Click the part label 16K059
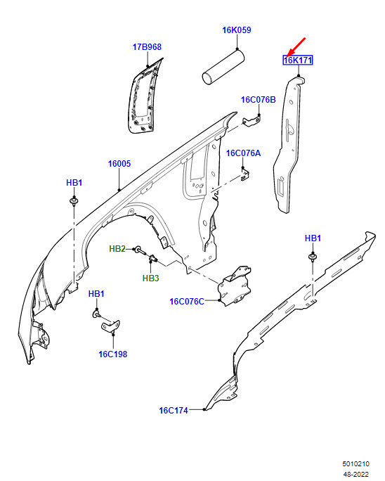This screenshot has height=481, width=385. (x=236, y=30)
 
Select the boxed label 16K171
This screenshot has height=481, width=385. (x=298, y=60)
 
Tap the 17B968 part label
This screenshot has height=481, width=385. (x=147, y=47)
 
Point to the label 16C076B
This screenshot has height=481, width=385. (x=258, y=100)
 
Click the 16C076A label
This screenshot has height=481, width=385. (x=243, y=153)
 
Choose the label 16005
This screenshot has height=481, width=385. (x=119, y=164)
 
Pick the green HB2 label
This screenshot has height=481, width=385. (x=117, y=249)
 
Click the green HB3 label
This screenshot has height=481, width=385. (x=150, y=278)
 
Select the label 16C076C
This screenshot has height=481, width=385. (x=187, y=302)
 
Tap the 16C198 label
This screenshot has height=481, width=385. (x=113, y=354)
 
